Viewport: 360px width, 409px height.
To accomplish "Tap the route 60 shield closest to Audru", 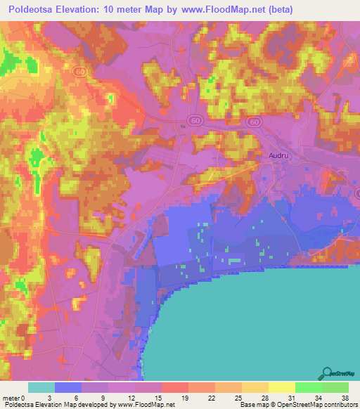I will click(x=254, y=122).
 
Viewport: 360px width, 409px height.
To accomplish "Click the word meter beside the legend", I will click(x=13, y=398).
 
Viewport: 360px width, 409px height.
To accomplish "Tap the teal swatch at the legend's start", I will click(x=41, y=387).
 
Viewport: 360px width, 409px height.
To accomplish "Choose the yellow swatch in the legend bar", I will click(x=282, y=387).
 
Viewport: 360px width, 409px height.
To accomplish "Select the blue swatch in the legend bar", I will click(x=68, y=387).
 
